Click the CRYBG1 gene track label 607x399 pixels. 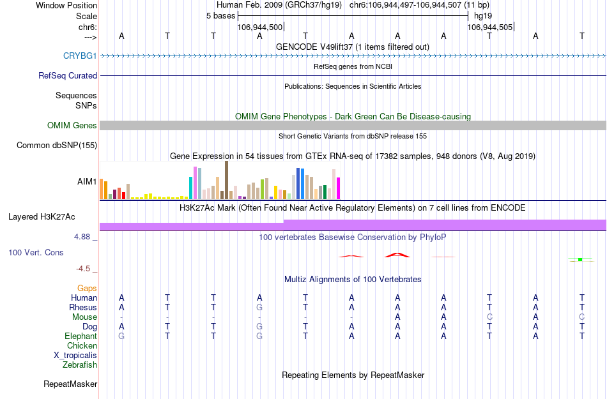click(x=80, y=56)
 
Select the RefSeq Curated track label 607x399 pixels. click(x=68, y=75)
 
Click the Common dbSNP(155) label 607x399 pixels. click(x=57, y=146)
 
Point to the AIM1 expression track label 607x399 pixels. click(x=88, y=181)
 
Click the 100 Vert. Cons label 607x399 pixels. click(x=36, y=253)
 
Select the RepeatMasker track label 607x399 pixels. click(x=70, y=384)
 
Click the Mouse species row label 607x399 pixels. click(x=84, y=317)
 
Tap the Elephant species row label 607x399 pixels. click(x=81, y=336)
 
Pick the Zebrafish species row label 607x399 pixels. click(x=80, y=365)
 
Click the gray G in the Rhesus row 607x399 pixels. click(x=259, y=308)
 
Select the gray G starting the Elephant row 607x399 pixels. click(x=121, y=336)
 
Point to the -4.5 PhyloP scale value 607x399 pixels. click(x=86, y=269)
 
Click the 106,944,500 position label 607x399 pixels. click(x=259, y=27)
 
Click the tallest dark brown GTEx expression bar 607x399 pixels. click(x=226, y=180)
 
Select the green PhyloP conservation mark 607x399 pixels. click(x=580, y=259)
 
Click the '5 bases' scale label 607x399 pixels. click(x=220, y=15)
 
